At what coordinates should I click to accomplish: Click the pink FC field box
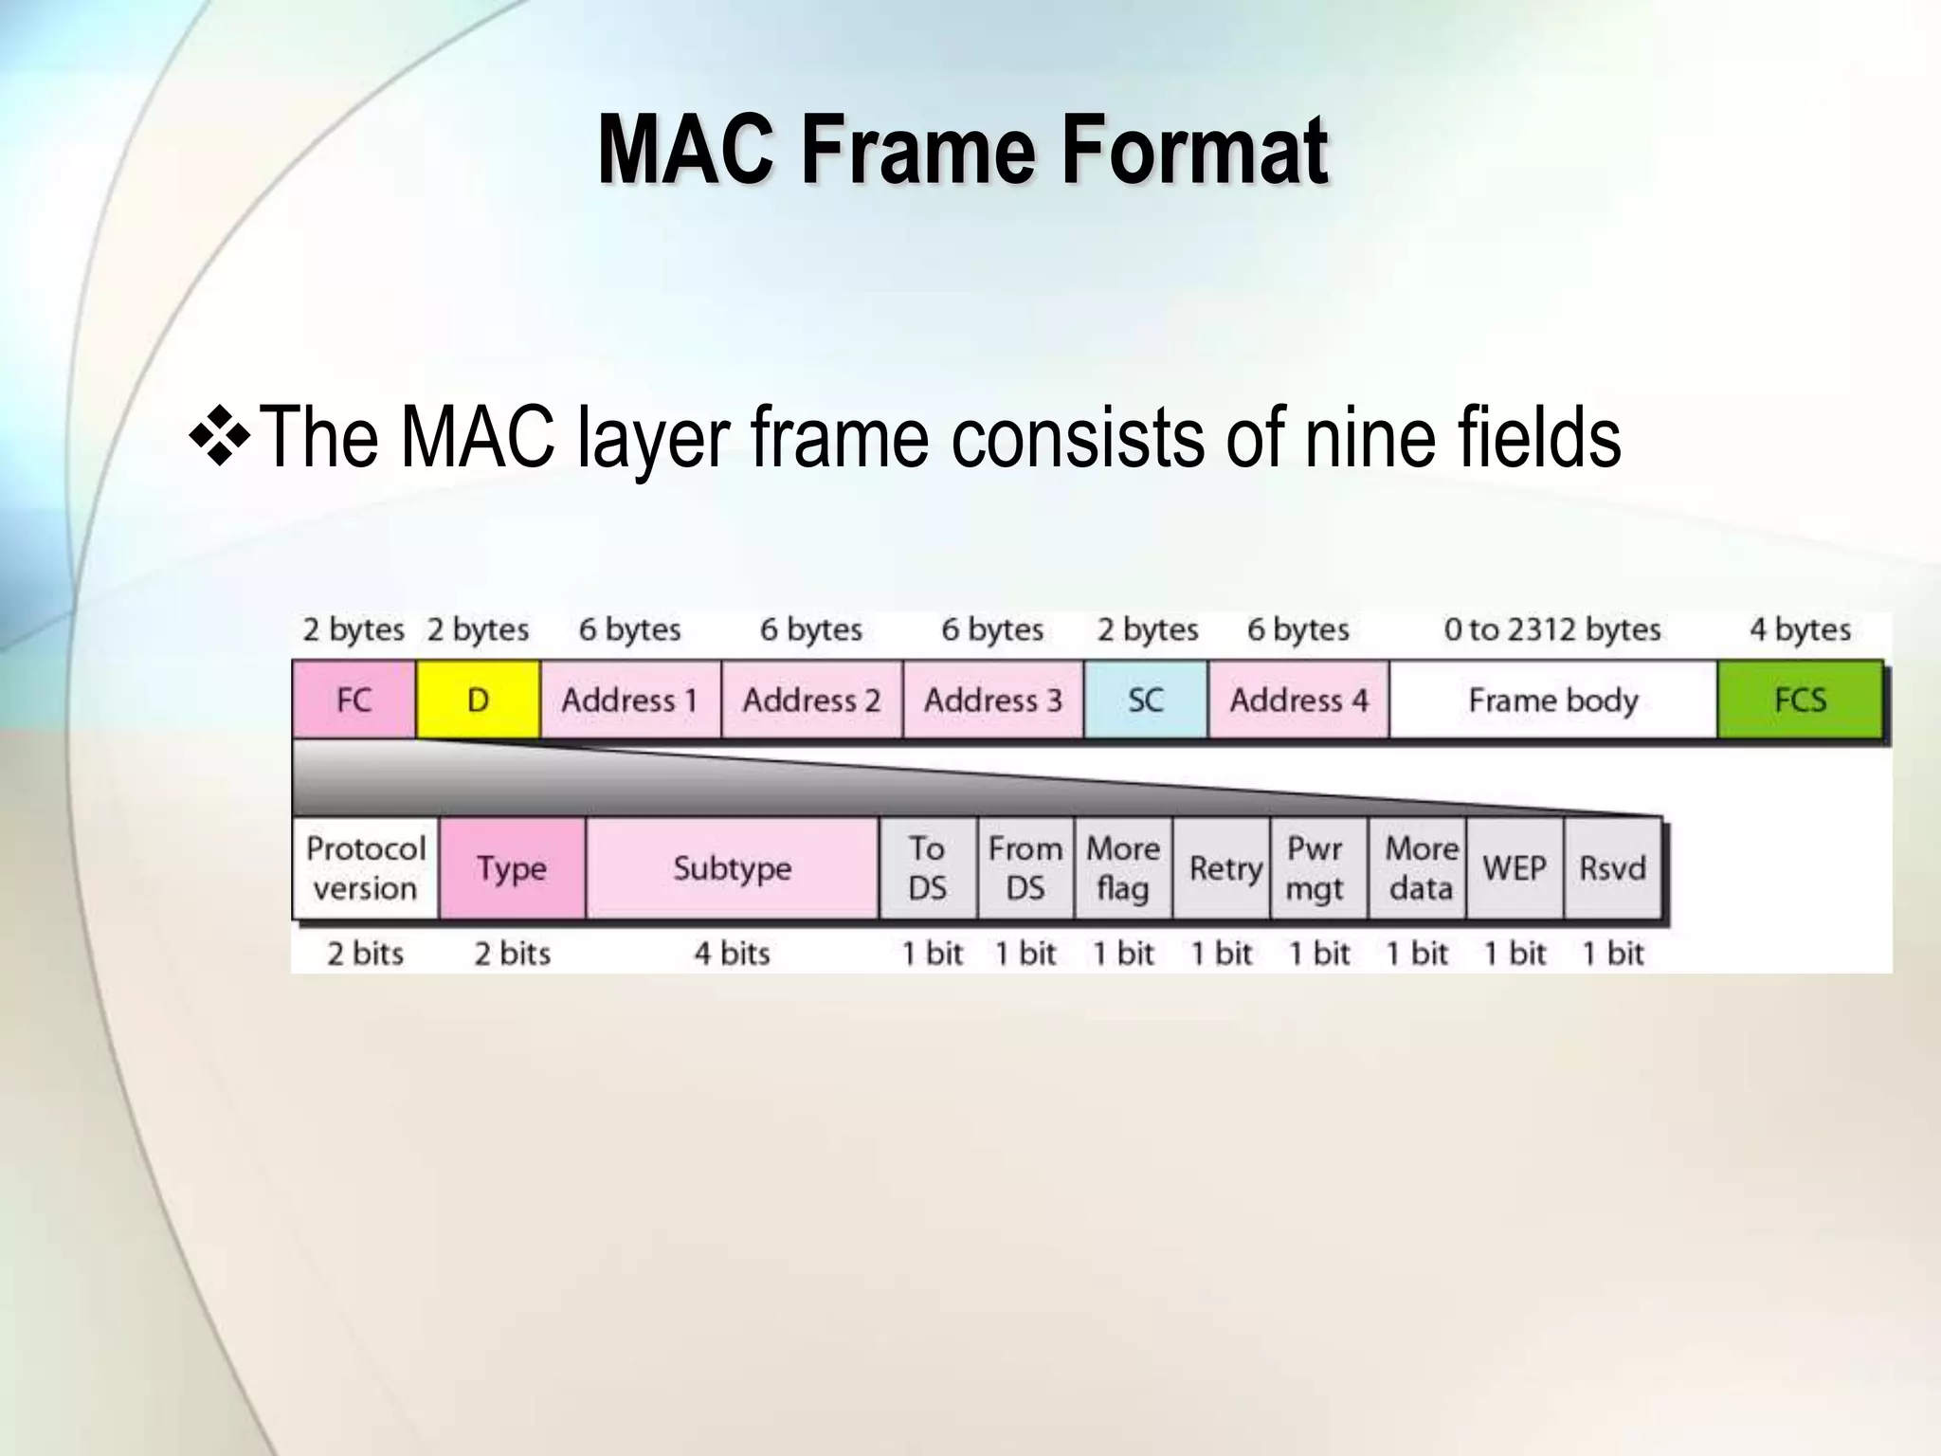point(354,700)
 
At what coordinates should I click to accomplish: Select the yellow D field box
point(478,700)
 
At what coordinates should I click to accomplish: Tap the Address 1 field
point(630,700)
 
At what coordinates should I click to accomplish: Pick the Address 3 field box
point(993,700)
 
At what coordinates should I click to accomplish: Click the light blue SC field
point(1146,700)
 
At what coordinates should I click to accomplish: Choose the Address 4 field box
point(1298,700)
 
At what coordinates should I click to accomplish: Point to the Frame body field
point(1553,700)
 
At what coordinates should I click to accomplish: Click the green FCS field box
point(1800,700)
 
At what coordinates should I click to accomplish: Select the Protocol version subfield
point(365,868)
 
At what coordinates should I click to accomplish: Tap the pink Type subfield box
point(512,868)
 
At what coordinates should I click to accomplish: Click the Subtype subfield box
point(733,868)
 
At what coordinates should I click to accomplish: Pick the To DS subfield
point(928,868)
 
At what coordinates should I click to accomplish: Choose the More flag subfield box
point(1123,868)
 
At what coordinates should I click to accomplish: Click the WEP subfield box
point(1515,868)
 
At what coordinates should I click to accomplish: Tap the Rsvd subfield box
point(1612,868)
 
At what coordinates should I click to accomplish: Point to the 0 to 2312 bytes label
point(1552,629)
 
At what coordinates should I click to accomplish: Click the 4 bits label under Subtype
point(733,953)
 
